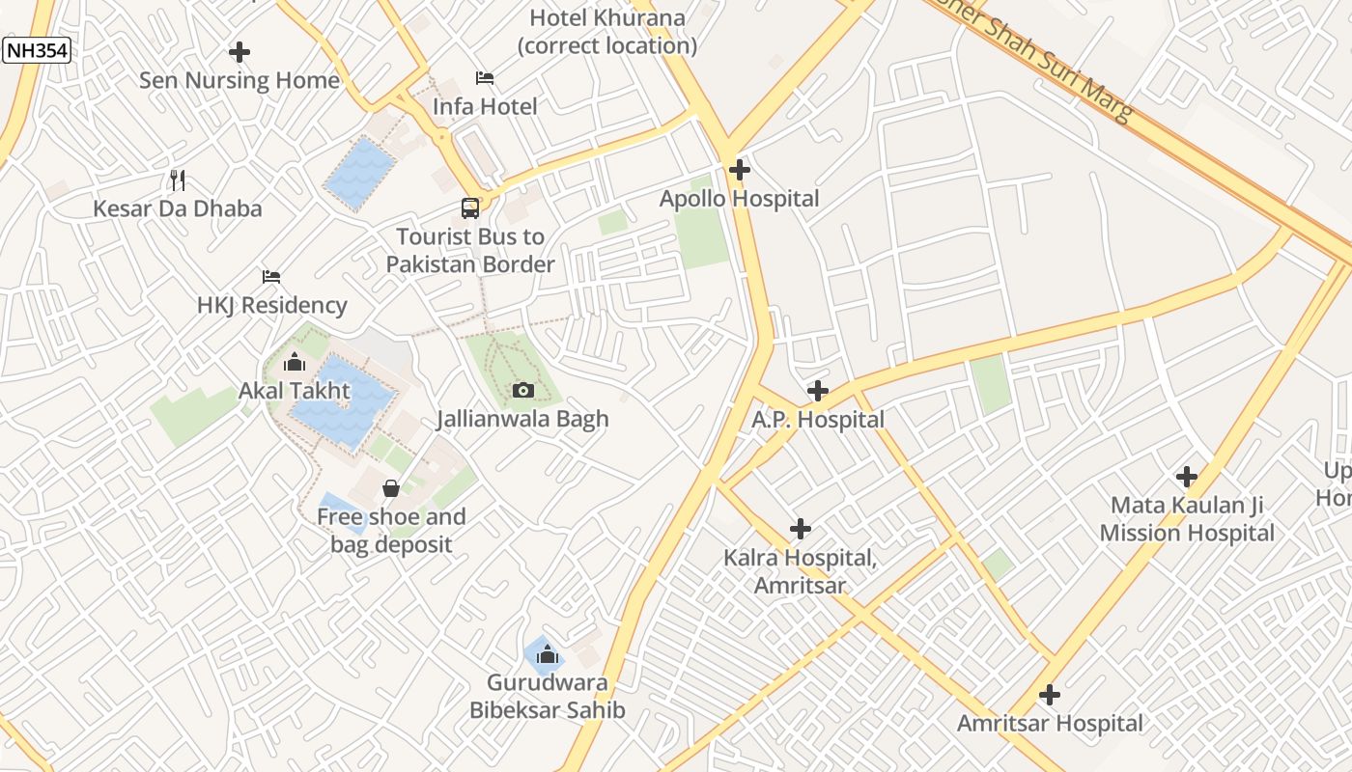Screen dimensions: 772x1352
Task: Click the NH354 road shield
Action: [37, 50]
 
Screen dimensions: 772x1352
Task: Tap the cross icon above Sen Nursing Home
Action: [239, 51]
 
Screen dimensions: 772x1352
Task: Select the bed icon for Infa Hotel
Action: [485, 78]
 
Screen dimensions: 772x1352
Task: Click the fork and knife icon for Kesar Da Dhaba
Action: [177, 179]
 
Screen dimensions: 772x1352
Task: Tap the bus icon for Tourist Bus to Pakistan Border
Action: [470, 208]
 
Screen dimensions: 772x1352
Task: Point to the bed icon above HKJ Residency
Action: [271, 277]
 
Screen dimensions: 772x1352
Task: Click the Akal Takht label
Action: [295, 392]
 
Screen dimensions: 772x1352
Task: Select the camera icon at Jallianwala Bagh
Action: [522, 390]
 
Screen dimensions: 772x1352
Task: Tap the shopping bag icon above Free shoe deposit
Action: [391, 488]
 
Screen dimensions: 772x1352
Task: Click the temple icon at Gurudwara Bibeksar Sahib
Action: [548, 655]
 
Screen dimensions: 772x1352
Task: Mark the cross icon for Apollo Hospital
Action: [740, 170]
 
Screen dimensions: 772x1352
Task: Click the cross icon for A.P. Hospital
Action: [818, 391]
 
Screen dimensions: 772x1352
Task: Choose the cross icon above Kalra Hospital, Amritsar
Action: [800, 529]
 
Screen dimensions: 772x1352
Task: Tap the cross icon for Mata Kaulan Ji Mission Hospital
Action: [1187, 477]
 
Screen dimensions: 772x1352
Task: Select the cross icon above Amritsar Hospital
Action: [1050, 695]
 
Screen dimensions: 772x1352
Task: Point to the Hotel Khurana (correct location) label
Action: [607, 31]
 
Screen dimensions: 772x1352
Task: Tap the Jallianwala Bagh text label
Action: [522, 419]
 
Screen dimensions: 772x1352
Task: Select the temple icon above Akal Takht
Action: [295, 363]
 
